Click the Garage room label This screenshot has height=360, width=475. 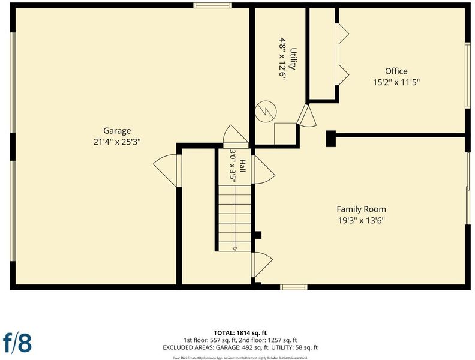click(117, 131)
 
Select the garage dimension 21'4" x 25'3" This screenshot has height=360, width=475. click(117, 142)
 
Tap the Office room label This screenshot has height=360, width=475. click(396, 71)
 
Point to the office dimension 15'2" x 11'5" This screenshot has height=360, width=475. click(396, 82)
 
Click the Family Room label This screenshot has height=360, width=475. click(362, 209)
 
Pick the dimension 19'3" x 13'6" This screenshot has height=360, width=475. click(362, 220)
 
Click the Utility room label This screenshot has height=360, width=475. click(293, 59)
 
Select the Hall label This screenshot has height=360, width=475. click(243, 166)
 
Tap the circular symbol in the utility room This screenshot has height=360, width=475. click(266, 112)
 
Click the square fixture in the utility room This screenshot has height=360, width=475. click(285, 134)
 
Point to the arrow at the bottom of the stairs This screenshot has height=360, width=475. click(235, 249)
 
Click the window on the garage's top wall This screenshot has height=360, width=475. click(212, 5)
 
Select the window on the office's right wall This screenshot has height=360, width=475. click(468, 75)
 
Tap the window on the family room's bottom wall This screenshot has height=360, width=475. click(293, 287)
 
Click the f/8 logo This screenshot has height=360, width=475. click(17, 343)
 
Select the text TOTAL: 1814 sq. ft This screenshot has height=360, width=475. click(240, 334)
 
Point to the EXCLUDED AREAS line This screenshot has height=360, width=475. click(240, 347)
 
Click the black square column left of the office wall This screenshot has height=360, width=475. click(331, 139)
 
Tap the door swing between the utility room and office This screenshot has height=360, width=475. click(307, 116)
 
